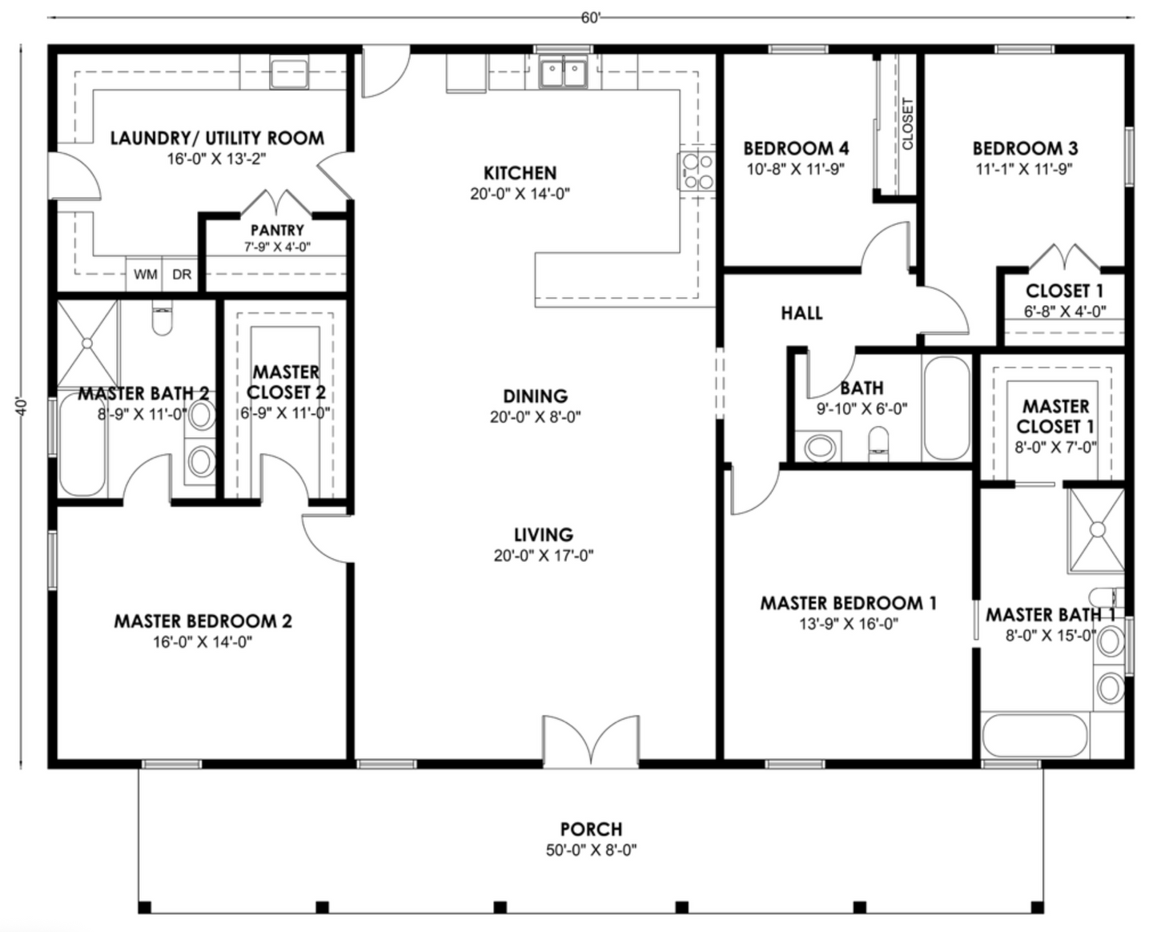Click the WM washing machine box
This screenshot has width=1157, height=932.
[145, 275]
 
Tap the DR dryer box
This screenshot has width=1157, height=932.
[182, 275]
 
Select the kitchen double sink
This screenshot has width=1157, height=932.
[563, 73]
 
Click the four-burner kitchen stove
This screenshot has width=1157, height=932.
[697, 171]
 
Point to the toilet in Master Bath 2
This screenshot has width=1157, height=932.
[163, 321]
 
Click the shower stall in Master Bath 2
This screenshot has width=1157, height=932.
[87, 342]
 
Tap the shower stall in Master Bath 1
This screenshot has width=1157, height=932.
[1096, 529]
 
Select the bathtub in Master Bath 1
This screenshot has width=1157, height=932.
[1034, 735]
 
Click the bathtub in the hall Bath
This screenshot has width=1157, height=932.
[946, 408]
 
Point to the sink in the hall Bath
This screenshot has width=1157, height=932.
[818, 447]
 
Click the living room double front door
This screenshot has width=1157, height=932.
[591, 741]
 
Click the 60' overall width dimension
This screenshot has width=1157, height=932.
[590, 18]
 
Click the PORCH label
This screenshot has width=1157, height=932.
[591, 829]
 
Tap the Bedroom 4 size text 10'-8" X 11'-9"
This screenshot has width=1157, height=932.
[795, 169]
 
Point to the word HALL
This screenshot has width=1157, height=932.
[801, 313]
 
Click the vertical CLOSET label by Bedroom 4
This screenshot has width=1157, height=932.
[907, 124]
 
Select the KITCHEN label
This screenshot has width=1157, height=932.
[520, 173]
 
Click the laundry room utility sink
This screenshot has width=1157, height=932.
[289, 73]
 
